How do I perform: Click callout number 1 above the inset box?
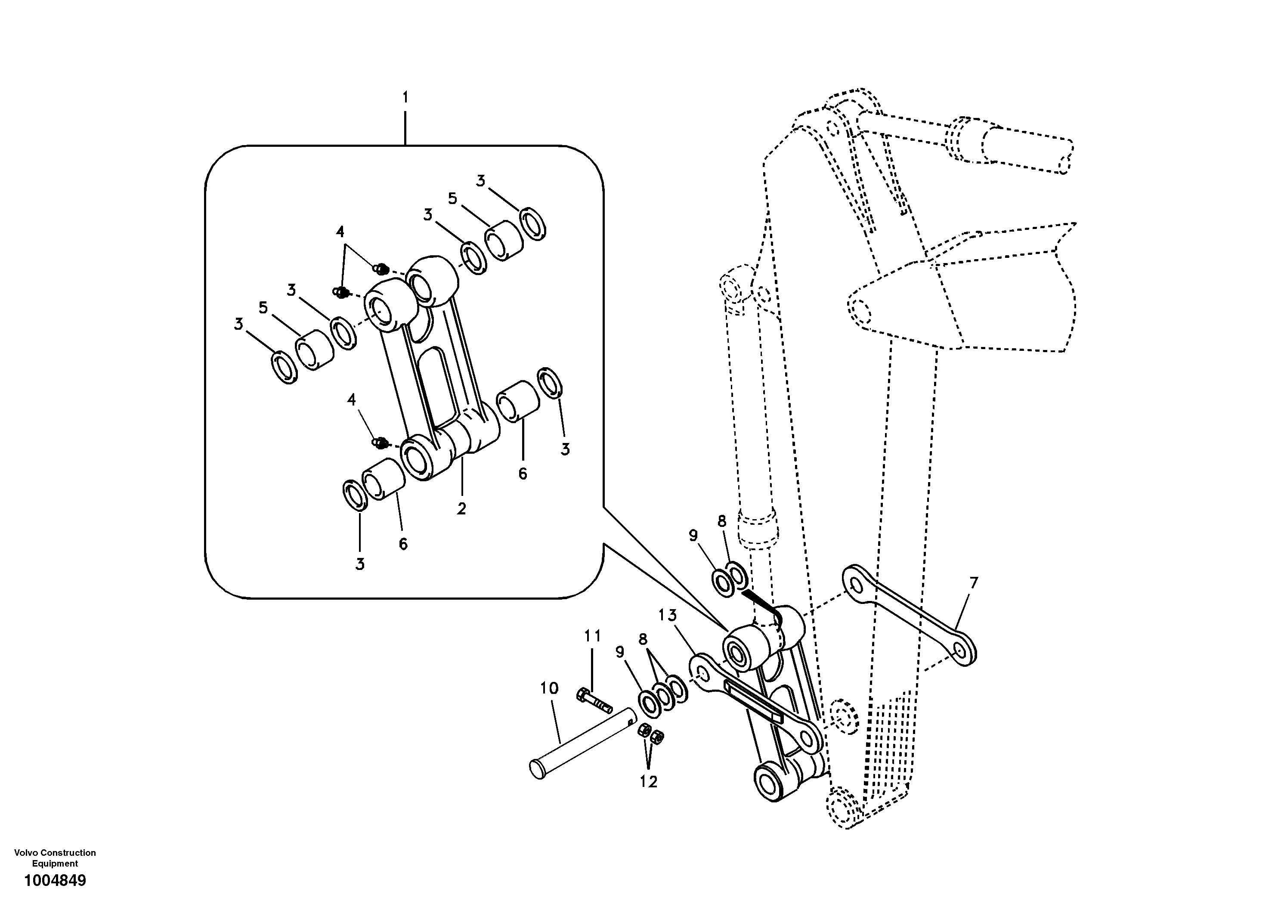[x=405, y=98]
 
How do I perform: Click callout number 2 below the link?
[x=461, y=508]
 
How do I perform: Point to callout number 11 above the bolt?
[x=593, y=635]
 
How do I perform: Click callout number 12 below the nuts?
[x=648, y=782]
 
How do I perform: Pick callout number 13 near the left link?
[x=667, y=616]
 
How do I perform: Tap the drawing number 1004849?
[x=55, y=881]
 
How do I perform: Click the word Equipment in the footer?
[x=55, y=863]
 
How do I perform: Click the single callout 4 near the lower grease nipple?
[x=351, y=399]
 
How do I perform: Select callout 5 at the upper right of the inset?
[x=452, y=198]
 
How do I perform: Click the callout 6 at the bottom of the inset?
[x=403, y=544]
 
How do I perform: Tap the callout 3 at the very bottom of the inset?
[x=360, y=564]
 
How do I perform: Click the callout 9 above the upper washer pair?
[x=693, y=536]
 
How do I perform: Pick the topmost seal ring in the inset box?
[x=533, y=223]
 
